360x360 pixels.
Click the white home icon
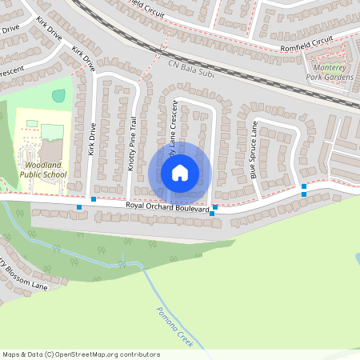180,172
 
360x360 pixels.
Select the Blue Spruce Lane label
254,150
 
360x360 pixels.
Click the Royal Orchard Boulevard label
167,207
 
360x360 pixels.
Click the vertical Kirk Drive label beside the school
93,139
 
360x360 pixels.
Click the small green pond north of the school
58,96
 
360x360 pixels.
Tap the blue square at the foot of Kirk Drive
94,198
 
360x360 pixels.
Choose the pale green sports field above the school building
53,130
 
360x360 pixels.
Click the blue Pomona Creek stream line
152,288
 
